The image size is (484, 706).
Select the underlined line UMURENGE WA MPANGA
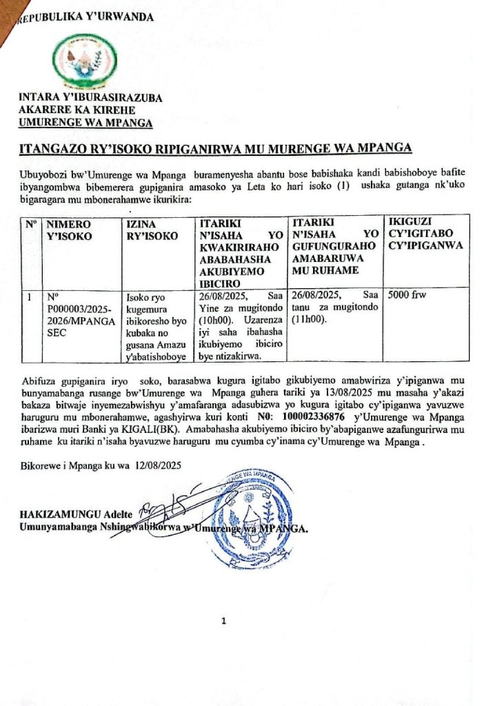tap(85, 123)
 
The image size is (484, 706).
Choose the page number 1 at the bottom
tap(223, 621)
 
